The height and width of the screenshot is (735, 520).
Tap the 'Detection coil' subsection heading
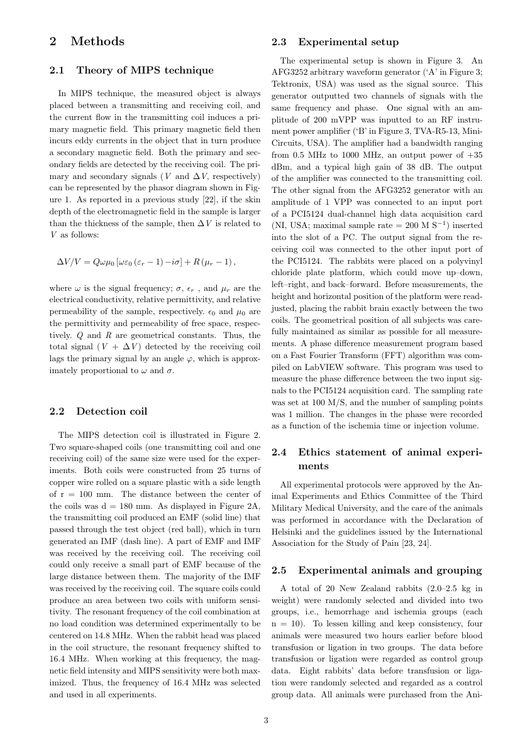[112, 411]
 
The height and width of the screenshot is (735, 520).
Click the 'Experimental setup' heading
[348, 42]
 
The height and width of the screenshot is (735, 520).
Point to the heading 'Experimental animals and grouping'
[390, 570]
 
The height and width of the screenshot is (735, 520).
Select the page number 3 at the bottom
[265, 721]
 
